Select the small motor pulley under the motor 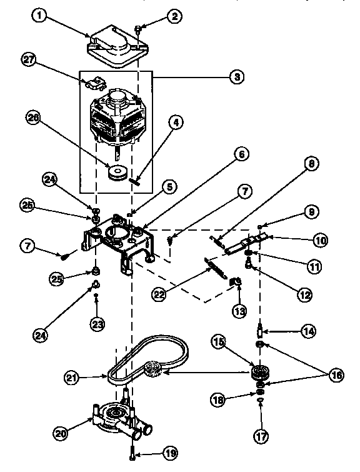pos(116,173)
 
